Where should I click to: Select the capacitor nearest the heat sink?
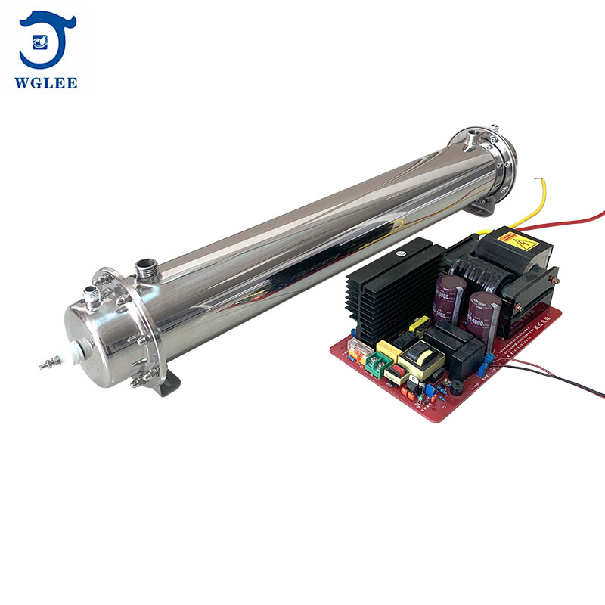pos(448,294)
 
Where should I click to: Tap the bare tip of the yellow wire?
pos(536,181)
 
